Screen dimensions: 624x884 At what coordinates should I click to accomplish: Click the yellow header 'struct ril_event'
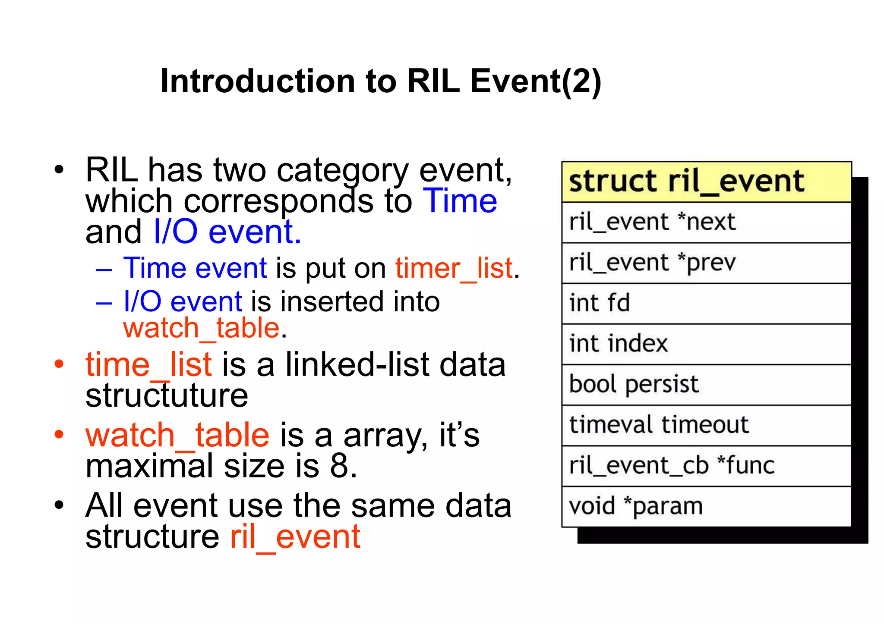click(x=706, y=182)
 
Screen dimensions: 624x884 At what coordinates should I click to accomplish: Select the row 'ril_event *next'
click(x=706, y=222)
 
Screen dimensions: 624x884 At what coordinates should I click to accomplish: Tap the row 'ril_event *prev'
click(x=706, y=263)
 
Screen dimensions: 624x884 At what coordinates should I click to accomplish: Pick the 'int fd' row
click(x=706, y=303)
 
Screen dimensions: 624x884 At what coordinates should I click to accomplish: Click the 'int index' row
click(x=706, y=344)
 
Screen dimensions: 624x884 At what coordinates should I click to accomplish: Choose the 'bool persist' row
click(x=706, y=384)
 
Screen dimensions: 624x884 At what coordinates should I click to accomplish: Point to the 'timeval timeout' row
click(x=706, y=425)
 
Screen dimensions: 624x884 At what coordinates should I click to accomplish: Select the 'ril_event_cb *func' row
click(x=706, y=466)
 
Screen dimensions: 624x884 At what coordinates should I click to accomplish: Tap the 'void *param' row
click(x=706, y=506)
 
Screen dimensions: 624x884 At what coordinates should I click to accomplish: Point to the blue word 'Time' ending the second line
click(x=460, y=201)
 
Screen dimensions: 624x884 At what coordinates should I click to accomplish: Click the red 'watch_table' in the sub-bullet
click(x=202, y=328)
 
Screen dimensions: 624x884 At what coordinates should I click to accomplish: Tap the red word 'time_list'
click(x=148, y=365)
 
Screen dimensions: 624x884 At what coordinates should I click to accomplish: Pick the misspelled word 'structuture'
click(x=167, y=396)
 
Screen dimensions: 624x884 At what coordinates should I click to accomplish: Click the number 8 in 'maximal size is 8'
click(x=339, y=466)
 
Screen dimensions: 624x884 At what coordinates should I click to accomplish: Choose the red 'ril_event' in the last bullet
click(x=295, y=537)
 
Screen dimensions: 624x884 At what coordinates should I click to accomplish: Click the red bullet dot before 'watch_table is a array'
click(x=59, y=434)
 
